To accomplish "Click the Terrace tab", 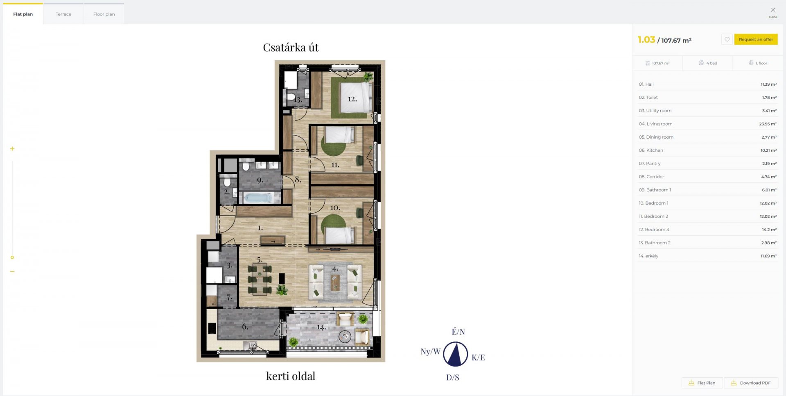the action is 63,14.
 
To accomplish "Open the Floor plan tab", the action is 104,14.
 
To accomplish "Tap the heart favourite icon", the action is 727,39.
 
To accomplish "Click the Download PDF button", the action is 751,383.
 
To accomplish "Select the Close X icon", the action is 773,10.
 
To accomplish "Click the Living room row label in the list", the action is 655,124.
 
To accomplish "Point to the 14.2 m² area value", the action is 769,230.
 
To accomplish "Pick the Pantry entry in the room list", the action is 650,164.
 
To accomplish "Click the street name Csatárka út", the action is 291,48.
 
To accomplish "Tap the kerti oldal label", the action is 291,376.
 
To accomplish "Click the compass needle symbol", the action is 455,354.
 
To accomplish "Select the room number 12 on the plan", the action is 352,99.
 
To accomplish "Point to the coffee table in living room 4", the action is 336,282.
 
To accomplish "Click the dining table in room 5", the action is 260,279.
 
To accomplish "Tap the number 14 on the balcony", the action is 321,327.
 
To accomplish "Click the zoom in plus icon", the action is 12,149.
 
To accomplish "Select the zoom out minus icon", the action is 12,271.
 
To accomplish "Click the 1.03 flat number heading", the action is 646,40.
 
